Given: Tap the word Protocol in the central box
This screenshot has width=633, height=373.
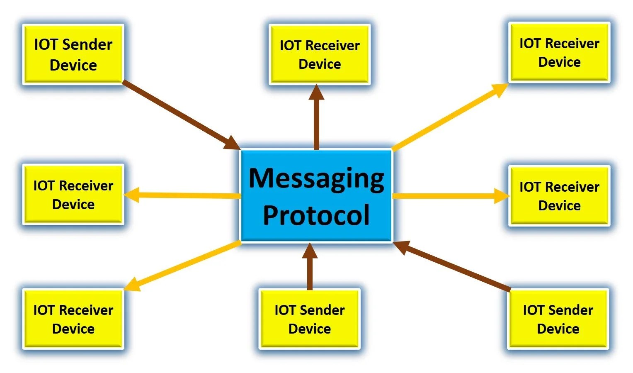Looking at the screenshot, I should pos(316,215).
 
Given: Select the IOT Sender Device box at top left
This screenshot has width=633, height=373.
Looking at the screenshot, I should pos(73,54).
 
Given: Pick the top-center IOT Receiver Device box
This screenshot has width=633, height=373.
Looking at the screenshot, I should pos(319,54).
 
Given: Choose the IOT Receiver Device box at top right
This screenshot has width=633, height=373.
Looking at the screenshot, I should pos(559,52).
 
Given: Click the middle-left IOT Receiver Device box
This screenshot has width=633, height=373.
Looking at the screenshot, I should pos(73,195).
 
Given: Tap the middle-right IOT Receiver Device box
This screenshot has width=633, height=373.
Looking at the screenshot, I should pos(559,196).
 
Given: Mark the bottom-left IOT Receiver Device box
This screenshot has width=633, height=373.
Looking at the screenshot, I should pos(73,319).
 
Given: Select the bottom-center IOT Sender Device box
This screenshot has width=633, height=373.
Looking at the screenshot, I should pos(309,319).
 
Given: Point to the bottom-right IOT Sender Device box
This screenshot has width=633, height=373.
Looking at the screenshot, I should pos(558,319).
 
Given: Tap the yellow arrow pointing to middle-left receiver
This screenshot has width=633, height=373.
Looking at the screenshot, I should pos(182,195).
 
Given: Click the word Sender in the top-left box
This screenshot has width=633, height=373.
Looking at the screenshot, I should pos(87,44).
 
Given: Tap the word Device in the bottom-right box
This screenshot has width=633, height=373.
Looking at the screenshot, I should pos(558,329).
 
